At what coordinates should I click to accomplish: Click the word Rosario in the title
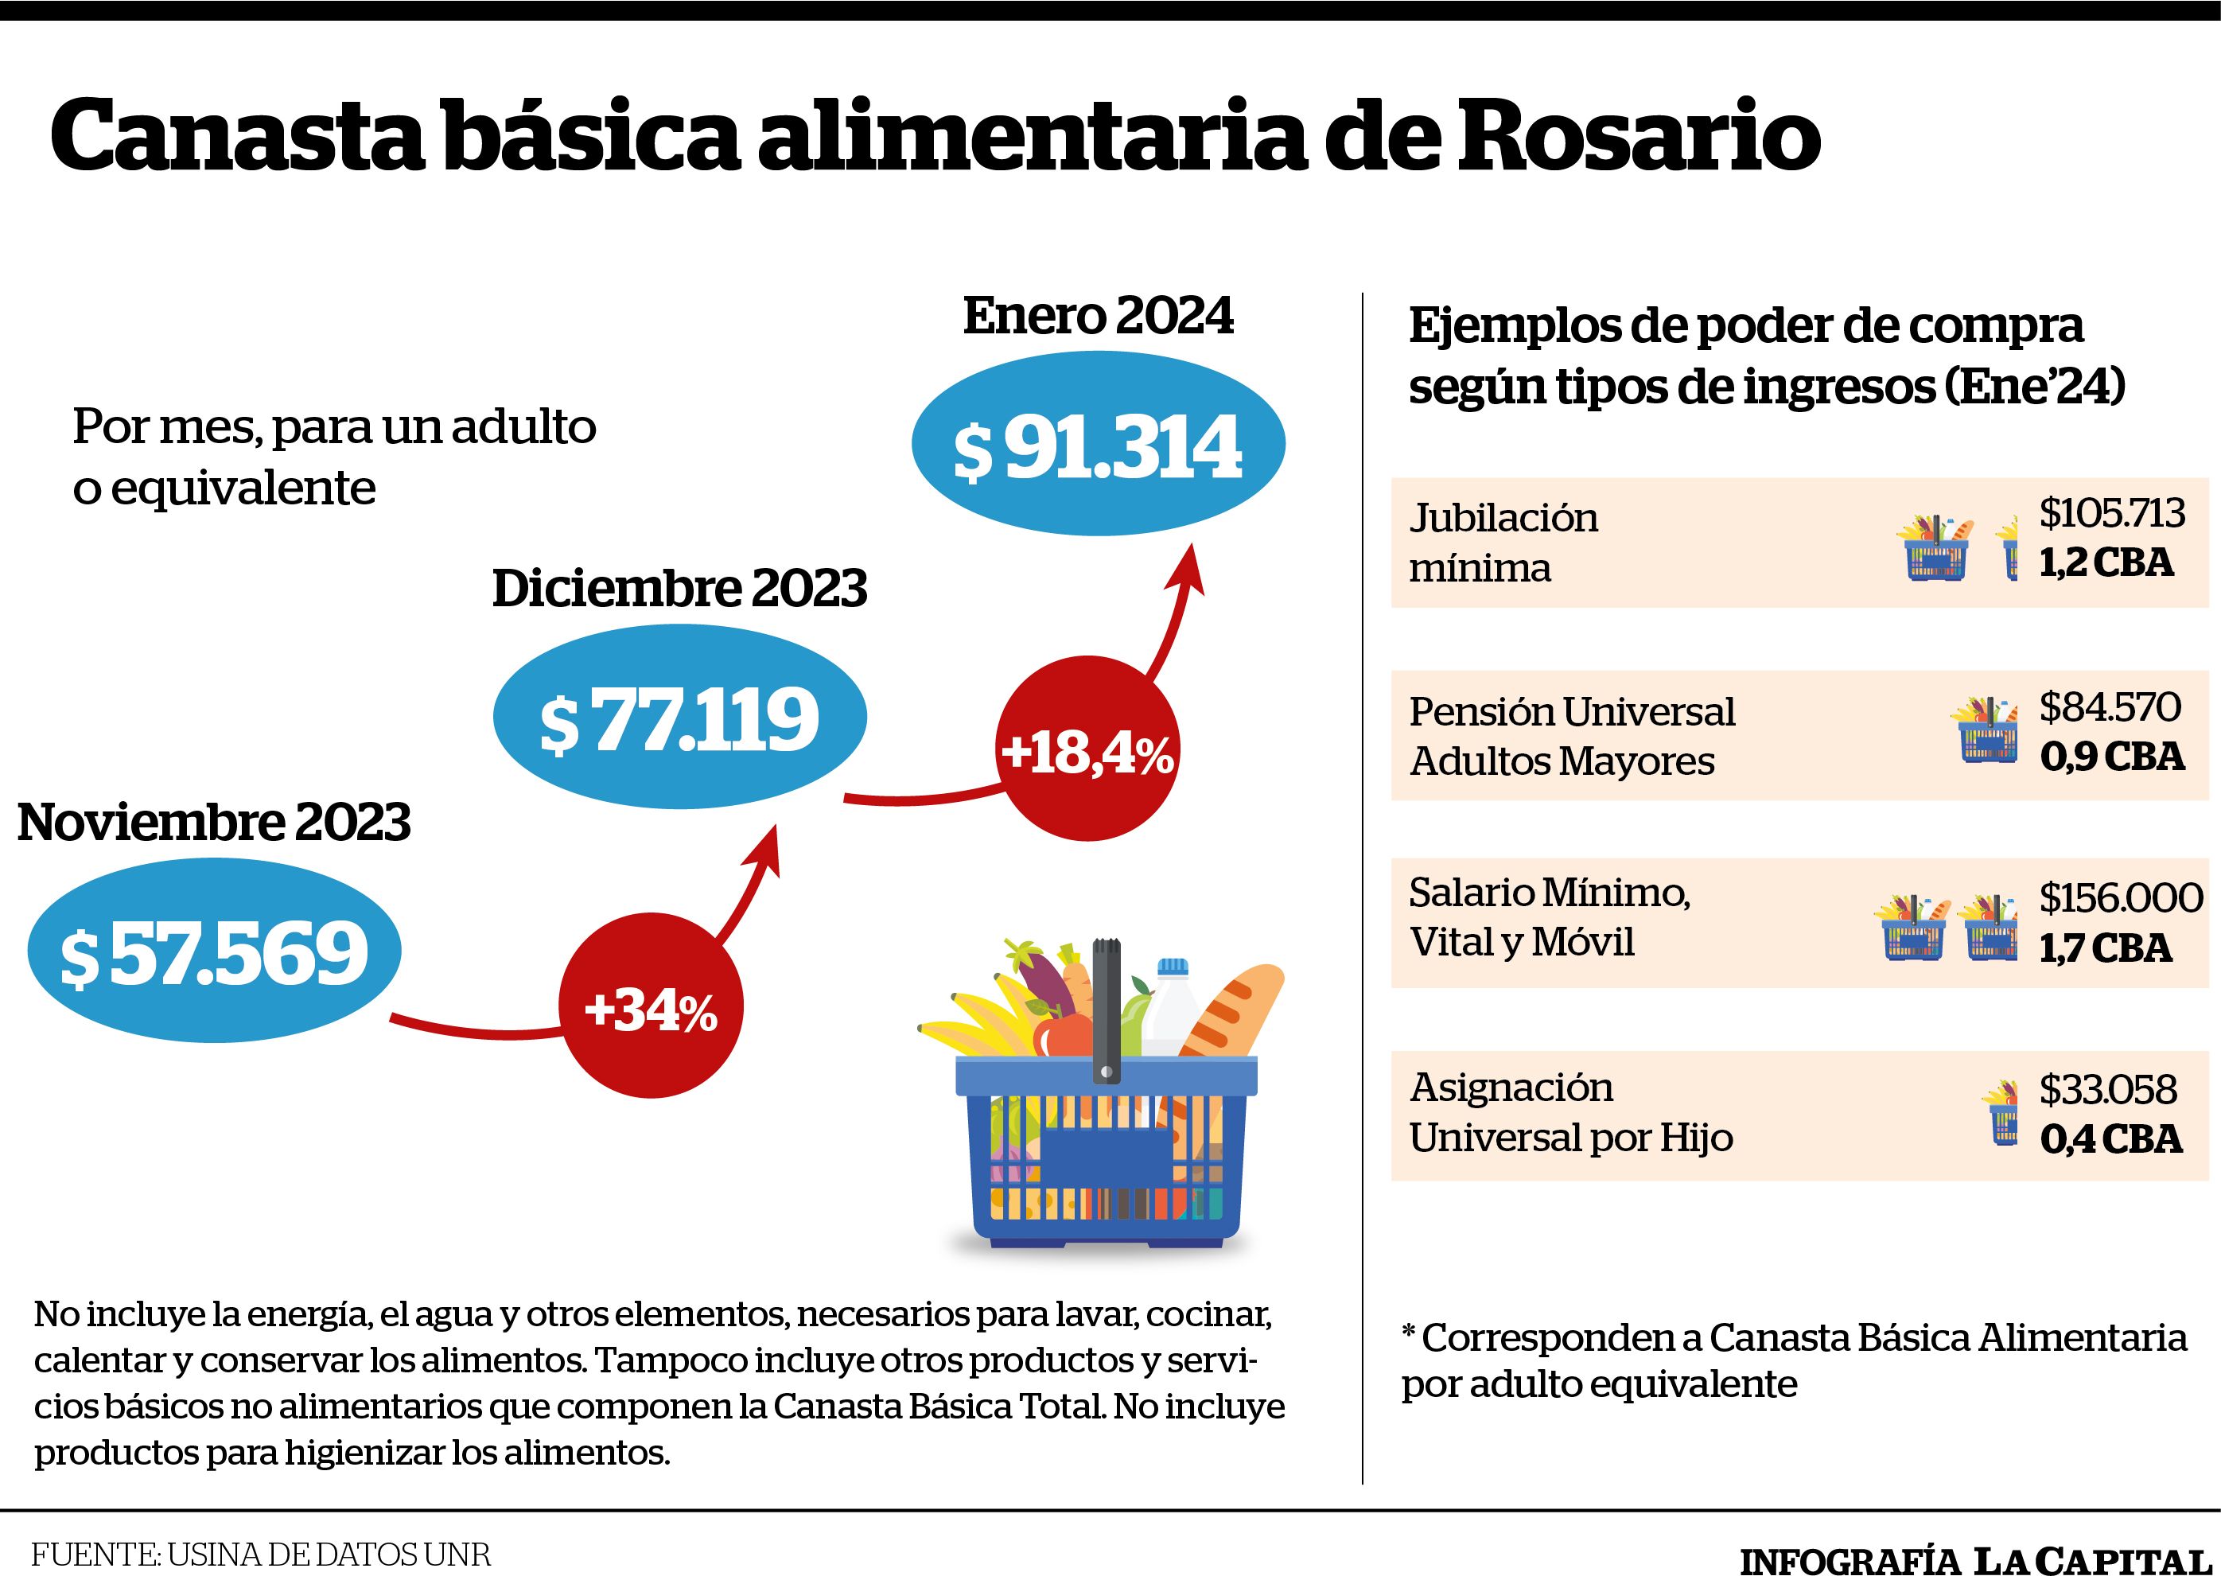(1636, 137)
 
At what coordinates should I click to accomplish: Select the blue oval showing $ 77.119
(679, 717)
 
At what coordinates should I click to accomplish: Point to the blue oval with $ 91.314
(1099, 443)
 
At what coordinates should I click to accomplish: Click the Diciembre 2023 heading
(679, 588)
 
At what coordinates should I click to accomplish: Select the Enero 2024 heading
(1099, 317)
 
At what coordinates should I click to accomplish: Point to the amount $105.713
(2111, 513)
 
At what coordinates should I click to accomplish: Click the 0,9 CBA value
(2111, 756)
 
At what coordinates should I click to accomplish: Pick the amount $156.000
(2120, 897)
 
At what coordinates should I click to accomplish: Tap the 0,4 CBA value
(2110, 1139)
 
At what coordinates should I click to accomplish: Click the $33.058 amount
(2107, 1090)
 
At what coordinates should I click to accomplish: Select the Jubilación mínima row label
(1503, 543)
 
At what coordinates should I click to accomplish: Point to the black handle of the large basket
(1107, 1010)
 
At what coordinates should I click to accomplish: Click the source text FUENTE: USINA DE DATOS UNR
(261, 1555)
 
